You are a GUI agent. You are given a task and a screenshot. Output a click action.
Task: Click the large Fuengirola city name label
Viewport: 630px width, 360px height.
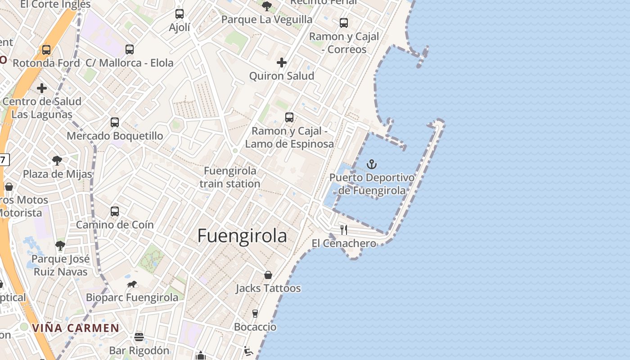coord(242,236)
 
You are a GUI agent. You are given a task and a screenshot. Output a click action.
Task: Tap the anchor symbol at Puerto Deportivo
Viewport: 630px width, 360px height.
coord(371,164)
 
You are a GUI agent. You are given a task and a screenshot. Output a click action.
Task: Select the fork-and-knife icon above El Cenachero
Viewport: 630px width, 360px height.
coord(344,230)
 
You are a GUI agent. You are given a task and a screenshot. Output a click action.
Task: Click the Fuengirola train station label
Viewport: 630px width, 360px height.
coord(230,177)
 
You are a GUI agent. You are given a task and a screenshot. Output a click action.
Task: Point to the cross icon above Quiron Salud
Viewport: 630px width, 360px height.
coord(282,63)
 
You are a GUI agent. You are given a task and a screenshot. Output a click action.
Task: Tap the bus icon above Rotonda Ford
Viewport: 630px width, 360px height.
coord(46,50)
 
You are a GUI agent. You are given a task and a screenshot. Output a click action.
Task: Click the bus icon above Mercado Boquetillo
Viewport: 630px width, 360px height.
coord(115,122)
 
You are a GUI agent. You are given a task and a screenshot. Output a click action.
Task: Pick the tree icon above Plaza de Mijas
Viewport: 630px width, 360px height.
coord(57,161)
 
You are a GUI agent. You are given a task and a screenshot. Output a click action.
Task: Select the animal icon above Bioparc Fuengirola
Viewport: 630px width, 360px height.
coord(132,284)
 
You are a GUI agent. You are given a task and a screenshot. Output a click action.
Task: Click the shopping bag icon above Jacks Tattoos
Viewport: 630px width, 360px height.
coord(268,275)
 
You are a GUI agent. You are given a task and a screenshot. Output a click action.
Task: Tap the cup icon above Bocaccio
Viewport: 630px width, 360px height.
coord(255,314)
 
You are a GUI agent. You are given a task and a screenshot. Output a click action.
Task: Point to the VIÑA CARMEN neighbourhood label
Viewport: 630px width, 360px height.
coord(76,328)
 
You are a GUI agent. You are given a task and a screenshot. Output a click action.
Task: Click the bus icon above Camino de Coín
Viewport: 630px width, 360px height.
coord(115,211)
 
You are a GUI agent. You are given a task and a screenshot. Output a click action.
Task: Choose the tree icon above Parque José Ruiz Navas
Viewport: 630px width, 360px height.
coord(60,246)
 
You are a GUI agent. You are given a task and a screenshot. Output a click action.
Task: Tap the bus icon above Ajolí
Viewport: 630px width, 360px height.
coord(180,14)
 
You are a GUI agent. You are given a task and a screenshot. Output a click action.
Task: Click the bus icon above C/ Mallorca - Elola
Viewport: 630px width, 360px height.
coord(130,49)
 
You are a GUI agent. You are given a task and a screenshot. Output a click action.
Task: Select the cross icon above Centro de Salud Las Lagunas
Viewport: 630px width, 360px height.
coord(42,88)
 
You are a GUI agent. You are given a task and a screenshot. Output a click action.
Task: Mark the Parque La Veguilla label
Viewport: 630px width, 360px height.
coord(267,19)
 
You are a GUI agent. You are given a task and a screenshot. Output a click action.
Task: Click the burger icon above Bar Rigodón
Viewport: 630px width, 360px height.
coord(139,337)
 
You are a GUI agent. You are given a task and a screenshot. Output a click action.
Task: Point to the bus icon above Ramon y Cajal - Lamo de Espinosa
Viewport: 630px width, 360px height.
coord(289,117)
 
